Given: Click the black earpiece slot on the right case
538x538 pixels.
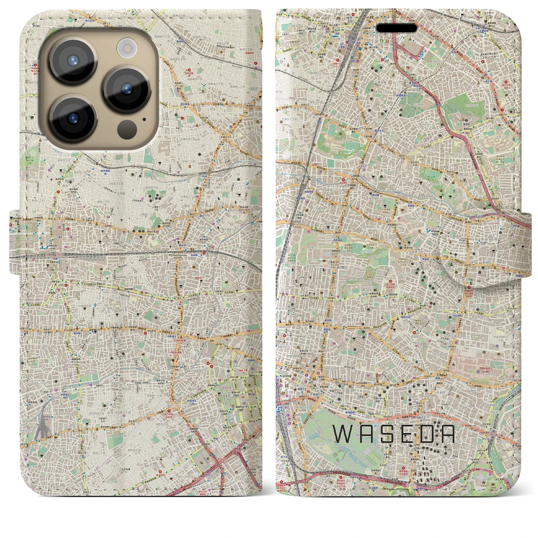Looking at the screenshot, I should (397, 28).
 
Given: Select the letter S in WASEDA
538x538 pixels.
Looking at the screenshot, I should (386, 434).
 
